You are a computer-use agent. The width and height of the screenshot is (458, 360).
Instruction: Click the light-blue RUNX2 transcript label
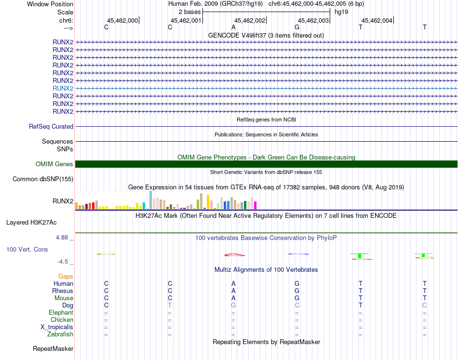(63, 88)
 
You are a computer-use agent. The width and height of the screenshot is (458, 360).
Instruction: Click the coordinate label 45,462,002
(250, 20)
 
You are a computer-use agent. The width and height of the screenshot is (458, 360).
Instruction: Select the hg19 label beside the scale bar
(341, 12)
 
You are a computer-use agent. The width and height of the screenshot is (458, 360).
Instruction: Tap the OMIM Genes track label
(54, 164)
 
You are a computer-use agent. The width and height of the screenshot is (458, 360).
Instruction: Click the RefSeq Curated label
(51, 126)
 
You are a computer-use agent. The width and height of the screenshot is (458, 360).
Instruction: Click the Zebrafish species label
(60, 334)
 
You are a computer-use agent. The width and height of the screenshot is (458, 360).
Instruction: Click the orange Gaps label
(66, 276)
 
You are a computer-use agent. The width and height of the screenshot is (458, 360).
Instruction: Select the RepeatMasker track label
(53, 348)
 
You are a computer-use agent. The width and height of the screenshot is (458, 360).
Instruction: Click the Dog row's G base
(233, 305)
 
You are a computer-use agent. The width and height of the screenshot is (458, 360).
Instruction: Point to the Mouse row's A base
(233, 298)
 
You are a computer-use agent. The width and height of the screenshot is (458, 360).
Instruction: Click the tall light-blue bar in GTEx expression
(151, 200)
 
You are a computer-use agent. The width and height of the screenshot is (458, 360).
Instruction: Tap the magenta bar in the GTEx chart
(256, 205)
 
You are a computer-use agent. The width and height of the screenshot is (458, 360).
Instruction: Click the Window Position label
(50, 4)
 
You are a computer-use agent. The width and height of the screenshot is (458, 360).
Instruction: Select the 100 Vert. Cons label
(27, 250)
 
